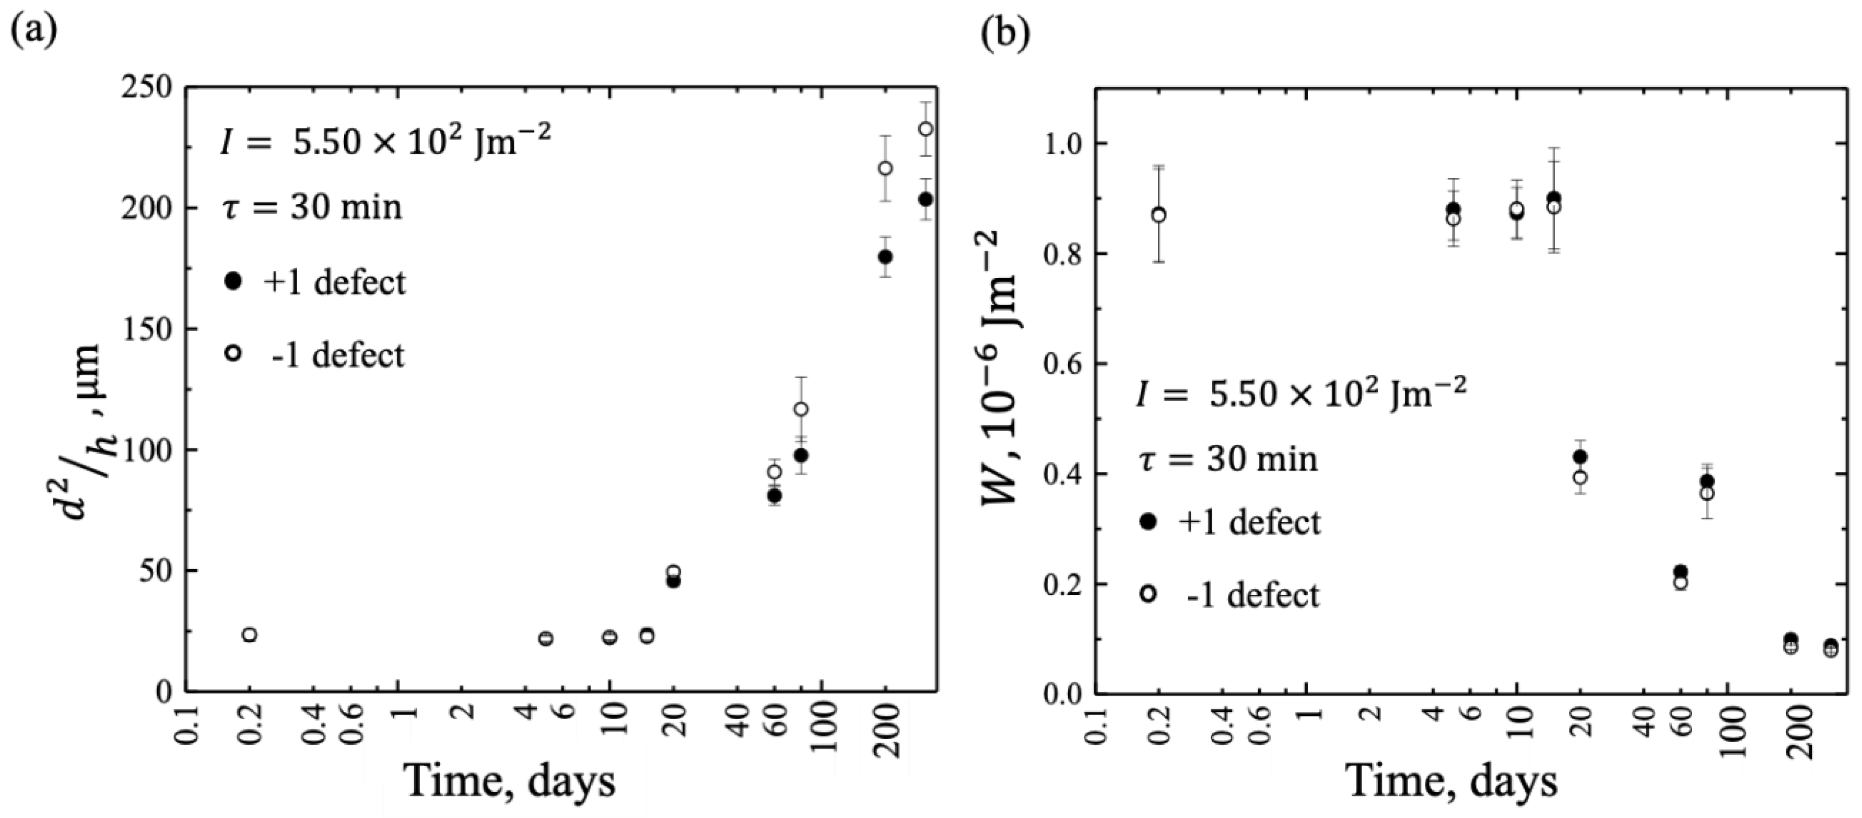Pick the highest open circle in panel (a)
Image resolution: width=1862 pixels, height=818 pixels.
click(x=925, y=129)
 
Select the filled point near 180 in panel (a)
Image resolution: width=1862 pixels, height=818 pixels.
click(x=885, y=256)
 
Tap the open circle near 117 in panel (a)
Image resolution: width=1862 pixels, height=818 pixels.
click(x=801, y=409)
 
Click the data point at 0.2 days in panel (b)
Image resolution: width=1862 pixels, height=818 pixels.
click(x=1158, y=215)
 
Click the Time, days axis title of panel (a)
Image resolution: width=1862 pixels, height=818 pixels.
click(x=511, y=782)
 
